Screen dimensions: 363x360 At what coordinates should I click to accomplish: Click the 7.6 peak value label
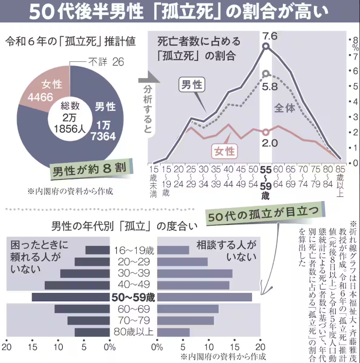(269, 36)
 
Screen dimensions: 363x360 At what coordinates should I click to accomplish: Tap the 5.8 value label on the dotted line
(269, 87)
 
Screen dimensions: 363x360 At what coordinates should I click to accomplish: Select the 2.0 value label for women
(269, 143)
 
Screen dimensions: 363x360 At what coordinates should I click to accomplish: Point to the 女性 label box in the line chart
(223, 151)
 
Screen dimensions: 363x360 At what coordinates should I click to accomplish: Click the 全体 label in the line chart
(285, 108)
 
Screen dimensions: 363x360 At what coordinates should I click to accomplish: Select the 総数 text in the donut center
(70, 106)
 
